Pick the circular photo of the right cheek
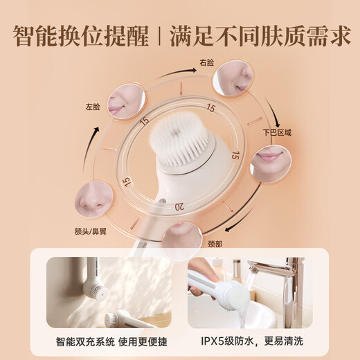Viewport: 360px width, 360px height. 232,77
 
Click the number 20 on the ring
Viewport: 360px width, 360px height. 180,206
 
